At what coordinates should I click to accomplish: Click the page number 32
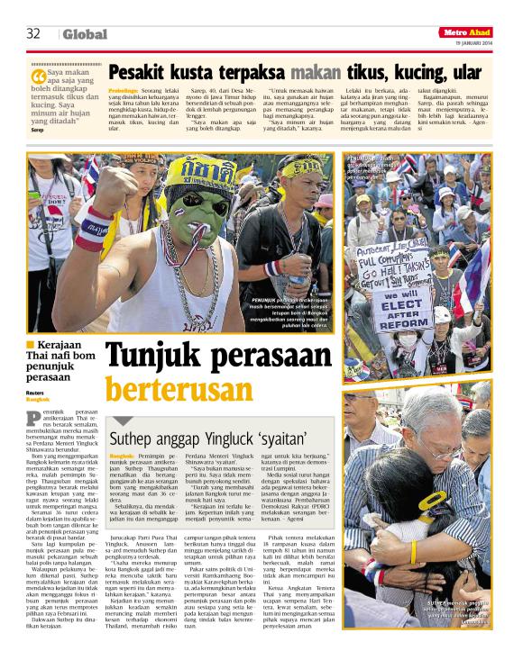pos(34,33)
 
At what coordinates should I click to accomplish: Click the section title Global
pos(85,34)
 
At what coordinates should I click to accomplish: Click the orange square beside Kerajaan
pos(31,344)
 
